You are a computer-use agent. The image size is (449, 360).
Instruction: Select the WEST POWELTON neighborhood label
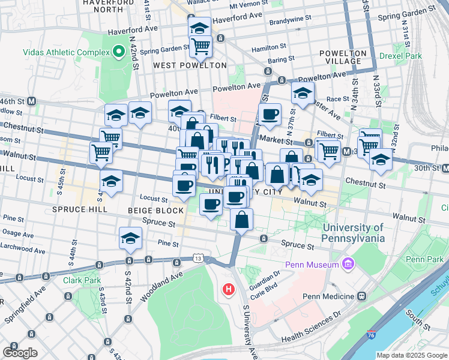pyautogui.click(x=190, y=65)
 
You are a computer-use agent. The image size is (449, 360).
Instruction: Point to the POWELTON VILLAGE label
pyautogui.click(x=343, y=58)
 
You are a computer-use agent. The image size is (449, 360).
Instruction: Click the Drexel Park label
pyautogui.click(x=400, y=56)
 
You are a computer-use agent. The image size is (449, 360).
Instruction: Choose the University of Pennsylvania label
pyautogui.click(x=354, y=233)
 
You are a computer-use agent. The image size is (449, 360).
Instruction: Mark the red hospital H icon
pyautogui.click(x=228, y=290)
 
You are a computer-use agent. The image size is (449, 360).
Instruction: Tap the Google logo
pyautogui.click(x=20, y=352)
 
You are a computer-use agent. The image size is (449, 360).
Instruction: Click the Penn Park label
pyautogui.click(x=424, y=259)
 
